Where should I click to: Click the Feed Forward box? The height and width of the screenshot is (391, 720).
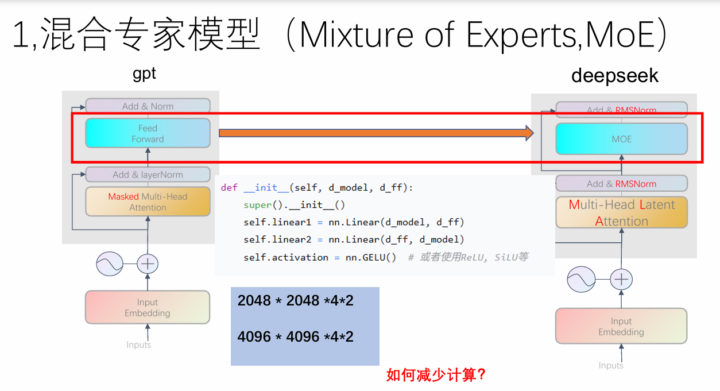148,133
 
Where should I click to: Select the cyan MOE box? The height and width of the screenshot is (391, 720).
621,139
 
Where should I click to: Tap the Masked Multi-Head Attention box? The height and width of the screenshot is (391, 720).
148,202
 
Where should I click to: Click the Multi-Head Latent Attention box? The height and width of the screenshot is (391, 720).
621,212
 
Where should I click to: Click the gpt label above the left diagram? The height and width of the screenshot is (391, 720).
144,74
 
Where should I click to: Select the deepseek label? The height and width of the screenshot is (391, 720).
615,76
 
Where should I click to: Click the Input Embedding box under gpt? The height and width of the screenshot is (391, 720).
148,308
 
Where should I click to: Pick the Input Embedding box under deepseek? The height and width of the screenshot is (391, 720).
621,326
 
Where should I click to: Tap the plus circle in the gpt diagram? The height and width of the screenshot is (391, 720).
148,264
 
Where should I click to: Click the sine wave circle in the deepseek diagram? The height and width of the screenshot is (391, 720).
581,280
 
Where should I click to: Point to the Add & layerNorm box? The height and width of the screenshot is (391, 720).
148,175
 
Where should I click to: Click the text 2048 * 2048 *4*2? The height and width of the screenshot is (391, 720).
296,300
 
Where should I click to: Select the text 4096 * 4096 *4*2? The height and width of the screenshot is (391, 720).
296,336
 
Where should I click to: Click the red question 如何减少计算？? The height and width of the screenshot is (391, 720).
437,375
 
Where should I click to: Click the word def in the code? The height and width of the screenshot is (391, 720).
229,188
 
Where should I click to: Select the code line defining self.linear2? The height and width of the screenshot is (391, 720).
353,239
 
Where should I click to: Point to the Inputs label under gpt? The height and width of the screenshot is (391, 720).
139,344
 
